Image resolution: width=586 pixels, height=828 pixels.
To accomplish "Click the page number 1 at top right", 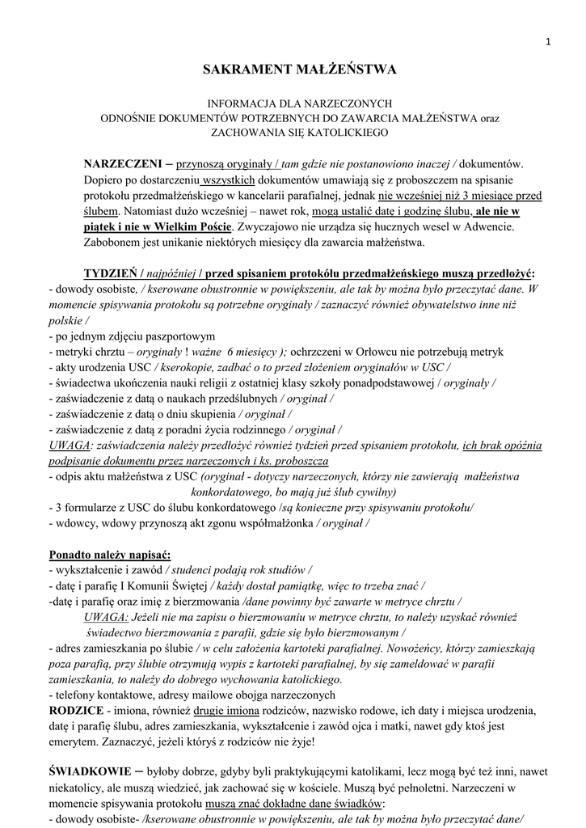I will tap(547, 44).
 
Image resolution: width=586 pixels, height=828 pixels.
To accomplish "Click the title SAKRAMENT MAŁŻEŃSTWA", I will tap(299, 70).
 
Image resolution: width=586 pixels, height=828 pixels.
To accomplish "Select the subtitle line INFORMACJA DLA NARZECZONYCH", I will tap(300, 103).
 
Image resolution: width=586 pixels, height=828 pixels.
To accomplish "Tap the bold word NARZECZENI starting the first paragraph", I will tap(122, 164).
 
